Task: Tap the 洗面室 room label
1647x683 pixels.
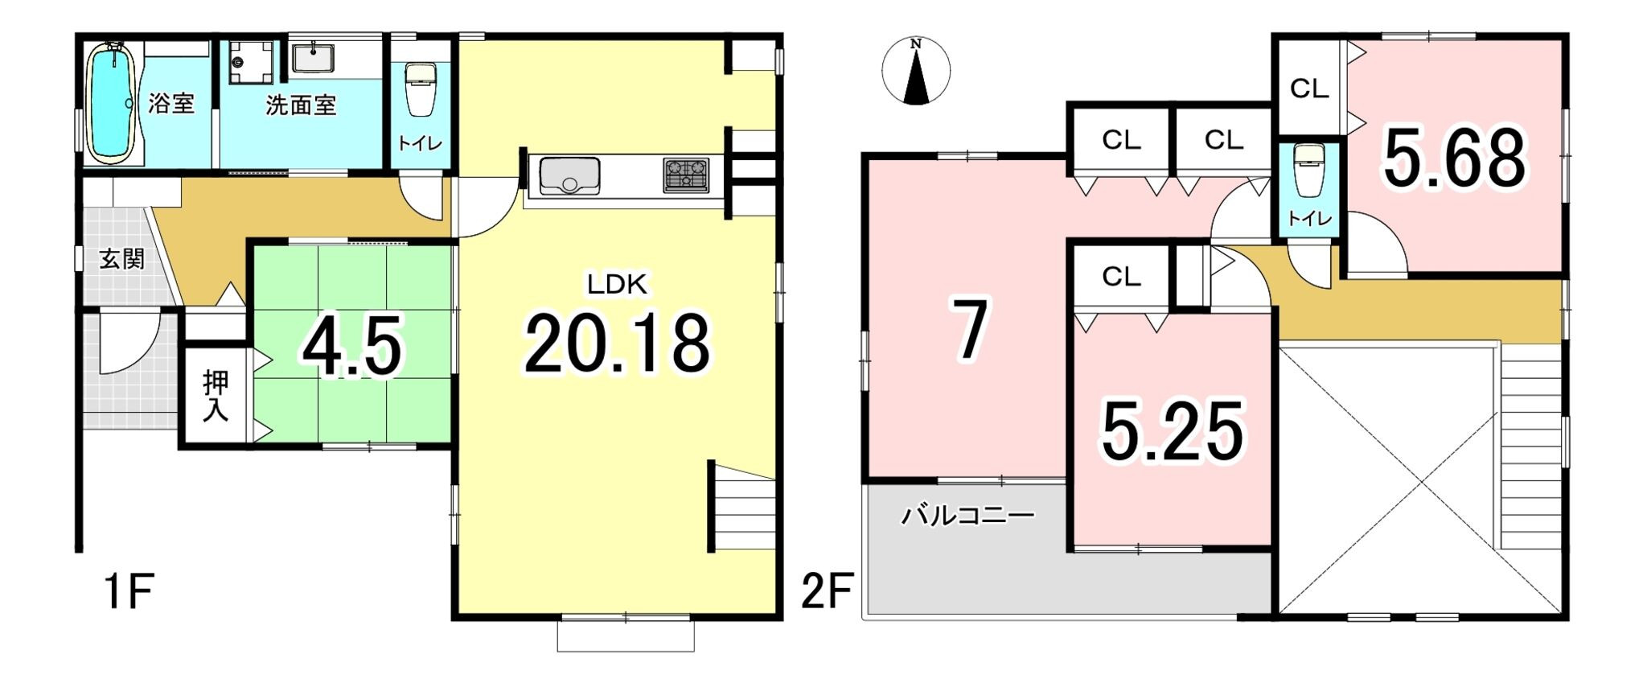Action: tap(301, 105)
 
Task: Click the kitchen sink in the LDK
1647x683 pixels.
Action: tap(569, 176)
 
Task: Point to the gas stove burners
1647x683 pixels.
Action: tap(686, 175)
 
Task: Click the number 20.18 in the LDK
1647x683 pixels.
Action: tap(618, 344)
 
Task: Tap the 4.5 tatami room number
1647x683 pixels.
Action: tap(351, 348)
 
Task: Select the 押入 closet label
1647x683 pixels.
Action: tap(216, 396)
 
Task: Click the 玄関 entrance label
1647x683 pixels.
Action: tap(122, 259)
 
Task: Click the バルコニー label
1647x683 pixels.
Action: tap(967, 515)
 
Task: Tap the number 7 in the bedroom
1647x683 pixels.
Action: tap(970, 329)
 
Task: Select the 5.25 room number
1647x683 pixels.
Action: tap(1173, 433)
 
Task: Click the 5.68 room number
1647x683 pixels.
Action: tap(1454, 158)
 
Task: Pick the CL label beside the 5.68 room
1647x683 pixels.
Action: tap(1309, 88)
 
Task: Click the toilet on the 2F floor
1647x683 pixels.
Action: tap(1309, 170)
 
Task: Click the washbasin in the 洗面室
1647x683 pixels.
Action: tap(313, 57)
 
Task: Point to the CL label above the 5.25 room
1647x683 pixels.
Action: tap(1121, 277)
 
